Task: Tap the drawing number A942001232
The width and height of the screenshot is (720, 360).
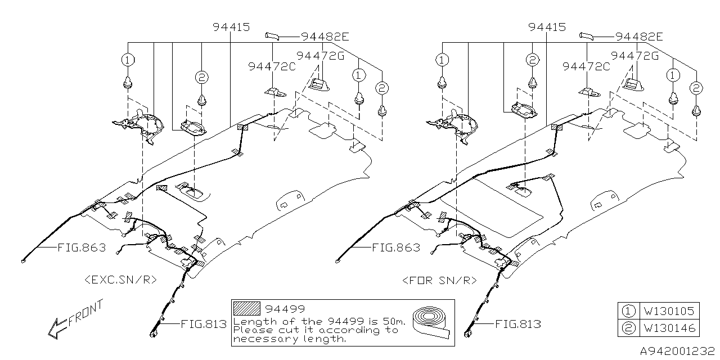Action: (x=679, y=350)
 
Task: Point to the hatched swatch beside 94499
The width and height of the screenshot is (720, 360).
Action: (x=247, y=308)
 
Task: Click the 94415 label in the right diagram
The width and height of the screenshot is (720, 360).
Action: (x=547, y=27)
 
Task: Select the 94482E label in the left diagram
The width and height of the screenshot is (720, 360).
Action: (x=325, y=37)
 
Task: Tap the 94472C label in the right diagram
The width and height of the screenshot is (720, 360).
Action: (x=586, y=66)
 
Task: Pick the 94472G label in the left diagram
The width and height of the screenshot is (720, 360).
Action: (x=320, y=56)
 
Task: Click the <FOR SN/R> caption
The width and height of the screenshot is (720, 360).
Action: (x=440, y=280)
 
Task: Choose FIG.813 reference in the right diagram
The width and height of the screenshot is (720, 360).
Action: (x=517, y=324)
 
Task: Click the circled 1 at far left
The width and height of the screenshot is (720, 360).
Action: (x=128, y=59)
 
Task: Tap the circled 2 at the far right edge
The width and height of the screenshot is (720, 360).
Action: (x=696, y=88)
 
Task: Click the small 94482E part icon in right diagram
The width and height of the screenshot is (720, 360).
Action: (x=587, y=35)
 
